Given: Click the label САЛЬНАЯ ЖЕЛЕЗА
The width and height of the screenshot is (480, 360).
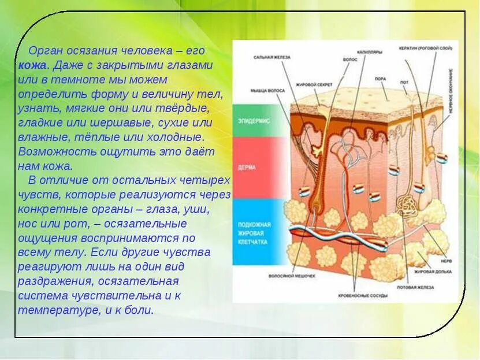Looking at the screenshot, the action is (271, 58).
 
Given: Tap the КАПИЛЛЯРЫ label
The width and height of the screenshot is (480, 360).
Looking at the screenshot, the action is (370, 52).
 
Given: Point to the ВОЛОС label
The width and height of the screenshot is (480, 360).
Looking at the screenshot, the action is (350, 59).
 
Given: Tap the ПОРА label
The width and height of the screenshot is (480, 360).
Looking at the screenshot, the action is (380, 78).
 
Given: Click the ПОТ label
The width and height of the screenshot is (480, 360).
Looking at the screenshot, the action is (404, 83).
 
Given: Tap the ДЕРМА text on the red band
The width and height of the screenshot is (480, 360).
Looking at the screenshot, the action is (247, 168).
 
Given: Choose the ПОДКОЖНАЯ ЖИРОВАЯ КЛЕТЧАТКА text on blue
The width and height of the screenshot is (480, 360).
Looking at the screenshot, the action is (254, 233).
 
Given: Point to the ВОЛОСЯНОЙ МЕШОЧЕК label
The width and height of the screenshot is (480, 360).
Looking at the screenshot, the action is (292, 276).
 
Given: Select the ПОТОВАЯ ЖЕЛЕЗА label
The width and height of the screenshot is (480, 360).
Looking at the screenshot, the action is (415, 287).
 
